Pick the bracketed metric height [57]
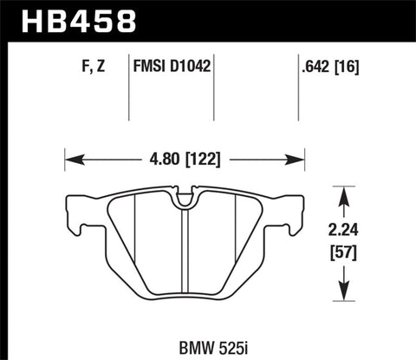point(347,258)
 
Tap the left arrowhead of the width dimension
point(70,159)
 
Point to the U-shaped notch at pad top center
point(185,199)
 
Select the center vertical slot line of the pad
point(185,260)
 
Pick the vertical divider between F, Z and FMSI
point(130,87)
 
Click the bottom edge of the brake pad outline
point(185,310)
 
